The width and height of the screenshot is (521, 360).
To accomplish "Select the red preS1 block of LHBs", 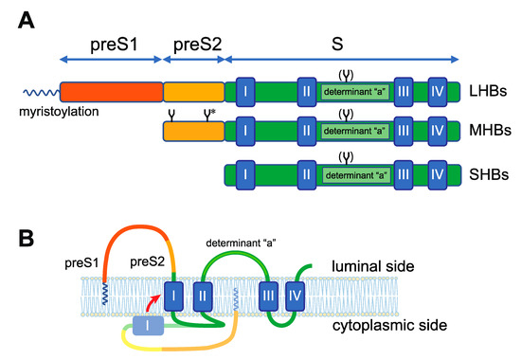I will [x=110, y=91].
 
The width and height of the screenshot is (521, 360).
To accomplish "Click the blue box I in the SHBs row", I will [x=245, y=174].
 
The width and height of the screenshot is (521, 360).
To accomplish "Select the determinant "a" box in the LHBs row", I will [x=351, y=92].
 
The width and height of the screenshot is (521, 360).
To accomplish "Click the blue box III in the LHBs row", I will [x=403, y=91].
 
